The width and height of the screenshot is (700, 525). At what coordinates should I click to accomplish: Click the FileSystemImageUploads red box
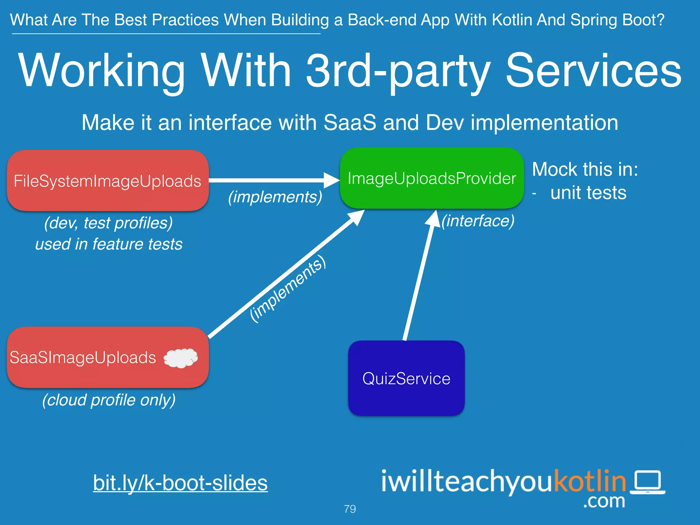point(108,180)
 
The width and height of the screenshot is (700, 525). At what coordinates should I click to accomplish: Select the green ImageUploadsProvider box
point(431,178)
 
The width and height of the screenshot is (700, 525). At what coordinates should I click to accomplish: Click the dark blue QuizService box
point(406,378)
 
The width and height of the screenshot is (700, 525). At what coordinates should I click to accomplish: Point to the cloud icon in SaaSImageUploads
point(181,358)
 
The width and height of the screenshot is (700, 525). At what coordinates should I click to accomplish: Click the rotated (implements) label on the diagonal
point(288,289)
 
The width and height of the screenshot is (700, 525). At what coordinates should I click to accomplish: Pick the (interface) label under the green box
point(478,221)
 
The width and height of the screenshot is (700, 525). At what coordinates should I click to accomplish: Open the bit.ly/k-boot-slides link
point(180,483)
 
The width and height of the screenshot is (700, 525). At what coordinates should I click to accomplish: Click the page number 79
point(350,509)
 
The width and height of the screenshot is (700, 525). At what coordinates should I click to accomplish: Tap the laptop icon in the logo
point(648,482)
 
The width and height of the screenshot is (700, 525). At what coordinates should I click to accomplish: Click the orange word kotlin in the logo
point(590,481)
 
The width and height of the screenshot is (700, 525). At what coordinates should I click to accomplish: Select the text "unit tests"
point(588,193)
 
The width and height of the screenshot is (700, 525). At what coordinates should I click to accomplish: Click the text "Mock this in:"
point(585,169)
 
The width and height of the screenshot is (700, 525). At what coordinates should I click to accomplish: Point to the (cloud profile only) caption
point(109,400)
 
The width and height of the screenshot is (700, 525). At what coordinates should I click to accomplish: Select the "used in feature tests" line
point(109,244)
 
